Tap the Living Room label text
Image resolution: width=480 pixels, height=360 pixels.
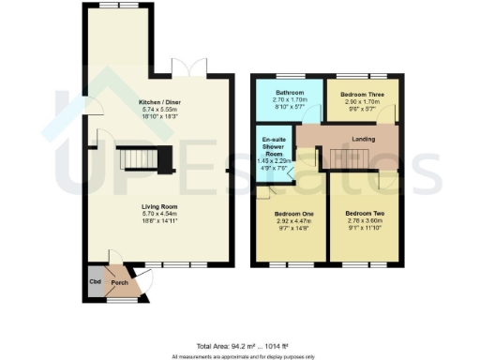tap(133, 207)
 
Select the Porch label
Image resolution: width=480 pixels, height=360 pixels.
tap(119, 281)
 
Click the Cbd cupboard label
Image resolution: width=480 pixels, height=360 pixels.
tap(95, 281)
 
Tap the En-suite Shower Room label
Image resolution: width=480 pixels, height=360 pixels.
tap(276, 150)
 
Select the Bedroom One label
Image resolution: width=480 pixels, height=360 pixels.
tap(292, 214)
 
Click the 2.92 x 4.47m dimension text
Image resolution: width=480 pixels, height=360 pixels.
tap(292, 221)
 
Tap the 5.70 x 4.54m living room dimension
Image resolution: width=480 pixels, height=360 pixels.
tap(133, 215)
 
